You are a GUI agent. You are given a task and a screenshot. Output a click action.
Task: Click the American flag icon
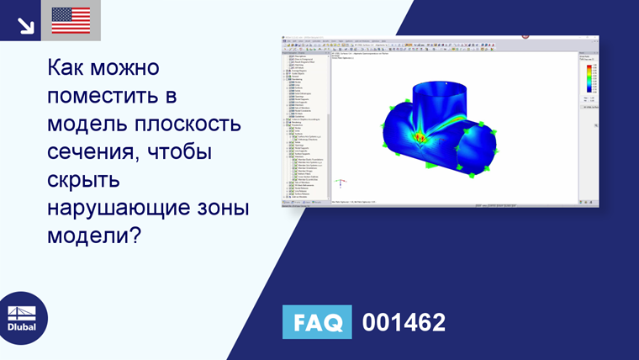71,20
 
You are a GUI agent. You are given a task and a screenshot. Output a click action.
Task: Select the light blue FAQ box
319,322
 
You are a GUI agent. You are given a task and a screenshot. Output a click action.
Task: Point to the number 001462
404,322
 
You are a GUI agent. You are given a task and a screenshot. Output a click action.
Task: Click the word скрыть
84,181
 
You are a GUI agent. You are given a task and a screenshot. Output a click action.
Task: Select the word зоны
224,209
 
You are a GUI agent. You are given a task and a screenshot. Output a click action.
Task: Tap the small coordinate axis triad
340,181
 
